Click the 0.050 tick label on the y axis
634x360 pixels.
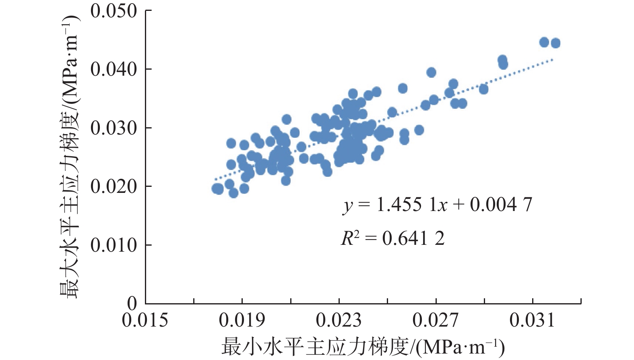tap(114, 11)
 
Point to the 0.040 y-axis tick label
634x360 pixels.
tap(114, 70)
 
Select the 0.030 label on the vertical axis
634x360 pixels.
tap(114, 128)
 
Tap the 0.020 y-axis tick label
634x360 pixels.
tap(114, 187)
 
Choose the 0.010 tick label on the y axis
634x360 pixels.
tap(114, 245)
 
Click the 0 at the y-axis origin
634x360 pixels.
tap(132, 303)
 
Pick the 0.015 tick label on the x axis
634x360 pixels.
tap(145, 321)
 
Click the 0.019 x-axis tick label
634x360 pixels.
tap(242, 321)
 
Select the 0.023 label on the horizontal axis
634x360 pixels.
tap(339, 321)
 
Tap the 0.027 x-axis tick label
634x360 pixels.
tap(436, 321)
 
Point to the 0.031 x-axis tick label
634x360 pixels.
tap(533, 321)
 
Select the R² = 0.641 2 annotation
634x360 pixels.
tap(393, 239)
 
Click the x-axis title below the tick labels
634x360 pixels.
tap(362, 347)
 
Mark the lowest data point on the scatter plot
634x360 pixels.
tap(233, 193)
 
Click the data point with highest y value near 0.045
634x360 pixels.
tap(544, 42)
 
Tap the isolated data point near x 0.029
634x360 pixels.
tap(483, 89)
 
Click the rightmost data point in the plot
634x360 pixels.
tap(556, 43)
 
